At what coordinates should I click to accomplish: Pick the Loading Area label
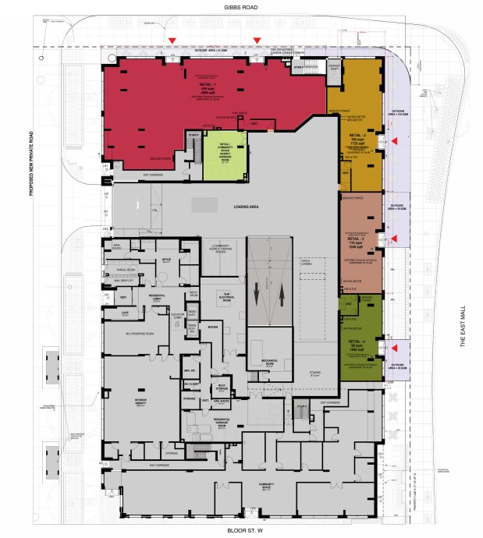[x=246, y=207]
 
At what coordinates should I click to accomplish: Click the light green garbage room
[x=224, y=153]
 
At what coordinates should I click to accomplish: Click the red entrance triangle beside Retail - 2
[x=394, y=141]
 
